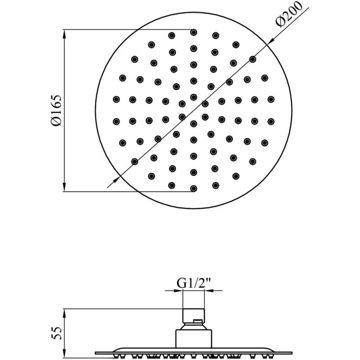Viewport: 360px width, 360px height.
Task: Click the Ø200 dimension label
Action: coord(289,14)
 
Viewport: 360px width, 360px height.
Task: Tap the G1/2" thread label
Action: coord(194,283)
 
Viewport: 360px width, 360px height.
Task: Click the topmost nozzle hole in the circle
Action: coord(194,32)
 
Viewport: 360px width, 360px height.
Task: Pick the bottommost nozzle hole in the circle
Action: coord(194,189)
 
